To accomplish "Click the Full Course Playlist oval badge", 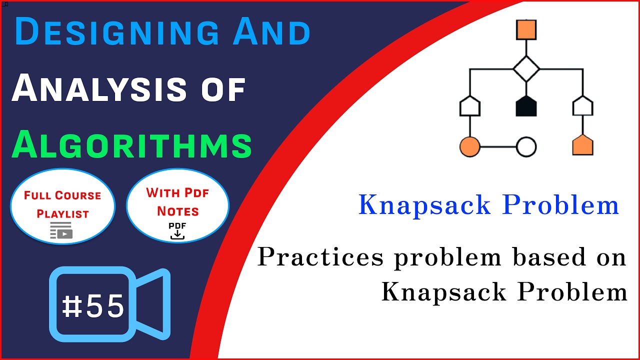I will [62, 205].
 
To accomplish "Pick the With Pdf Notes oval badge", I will [177, 205].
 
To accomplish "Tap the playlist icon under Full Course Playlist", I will [61, 231].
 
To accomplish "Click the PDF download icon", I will [177, 231].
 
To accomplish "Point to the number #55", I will [93, 306].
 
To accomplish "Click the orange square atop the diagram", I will [526, 29].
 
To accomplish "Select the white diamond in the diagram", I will [526, 69].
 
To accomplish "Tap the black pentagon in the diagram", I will [526, 106].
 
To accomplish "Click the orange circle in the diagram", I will [469, 147].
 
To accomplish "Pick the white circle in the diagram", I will [526, 147].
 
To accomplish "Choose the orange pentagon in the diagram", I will [582, 145].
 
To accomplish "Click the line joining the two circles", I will [498, 147].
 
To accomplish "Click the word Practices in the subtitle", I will [320, 257].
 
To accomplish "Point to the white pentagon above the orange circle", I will [469, 106].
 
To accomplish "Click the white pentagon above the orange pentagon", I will [582, 106].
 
